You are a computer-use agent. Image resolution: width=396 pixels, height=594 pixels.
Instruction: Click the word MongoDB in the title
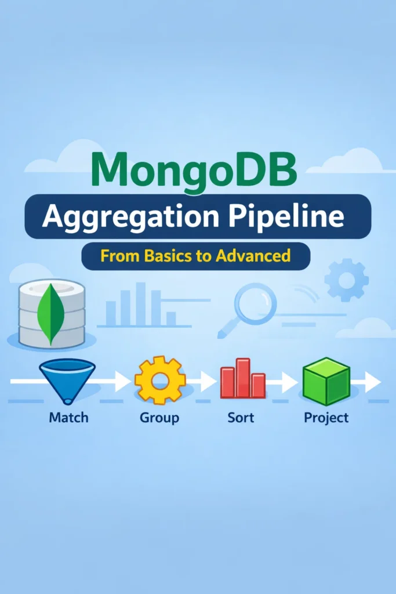point(194,168)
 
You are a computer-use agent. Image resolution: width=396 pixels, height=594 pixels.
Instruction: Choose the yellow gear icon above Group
point(159,381)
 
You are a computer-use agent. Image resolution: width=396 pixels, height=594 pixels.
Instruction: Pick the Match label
point(68,417)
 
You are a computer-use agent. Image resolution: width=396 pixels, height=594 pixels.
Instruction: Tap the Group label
point(159,417)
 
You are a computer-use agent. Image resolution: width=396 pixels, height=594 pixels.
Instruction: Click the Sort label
point(241,417)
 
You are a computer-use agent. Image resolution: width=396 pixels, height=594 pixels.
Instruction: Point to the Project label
point(326,417)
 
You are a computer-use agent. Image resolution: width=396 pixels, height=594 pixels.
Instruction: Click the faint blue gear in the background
point(346,281)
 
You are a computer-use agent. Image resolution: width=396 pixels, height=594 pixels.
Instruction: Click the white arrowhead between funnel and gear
point(122,382)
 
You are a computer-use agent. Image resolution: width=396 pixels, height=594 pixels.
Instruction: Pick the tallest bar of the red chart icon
point(242,377)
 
